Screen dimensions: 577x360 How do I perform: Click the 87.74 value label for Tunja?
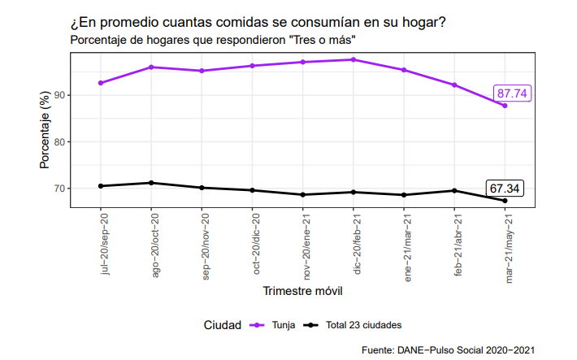point(512,93)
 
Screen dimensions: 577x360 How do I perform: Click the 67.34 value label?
point(505,189)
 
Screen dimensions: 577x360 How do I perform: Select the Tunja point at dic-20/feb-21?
point(354,59)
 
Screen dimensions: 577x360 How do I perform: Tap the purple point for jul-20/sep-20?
point(101,83)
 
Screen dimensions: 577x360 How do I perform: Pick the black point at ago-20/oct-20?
point(151,183)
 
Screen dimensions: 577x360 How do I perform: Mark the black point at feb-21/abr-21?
point(454,191)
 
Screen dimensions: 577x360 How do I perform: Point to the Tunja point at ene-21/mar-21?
point(404,70)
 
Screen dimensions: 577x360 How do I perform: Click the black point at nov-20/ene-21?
point(303,195)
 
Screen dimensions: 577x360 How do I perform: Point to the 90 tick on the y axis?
point(59,95)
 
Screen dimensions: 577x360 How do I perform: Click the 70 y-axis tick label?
point(59,189)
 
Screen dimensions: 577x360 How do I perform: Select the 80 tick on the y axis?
point(59,142)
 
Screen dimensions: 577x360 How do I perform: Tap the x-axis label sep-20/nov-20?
point(206,246)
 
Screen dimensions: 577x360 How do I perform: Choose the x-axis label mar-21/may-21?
point(509,249)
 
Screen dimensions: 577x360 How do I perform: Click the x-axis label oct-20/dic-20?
point(256,244)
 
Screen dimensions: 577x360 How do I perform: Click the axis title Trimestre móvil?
point(302,291)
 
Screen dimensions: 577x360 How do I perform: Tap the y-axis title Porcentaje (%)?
point(45,130)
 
